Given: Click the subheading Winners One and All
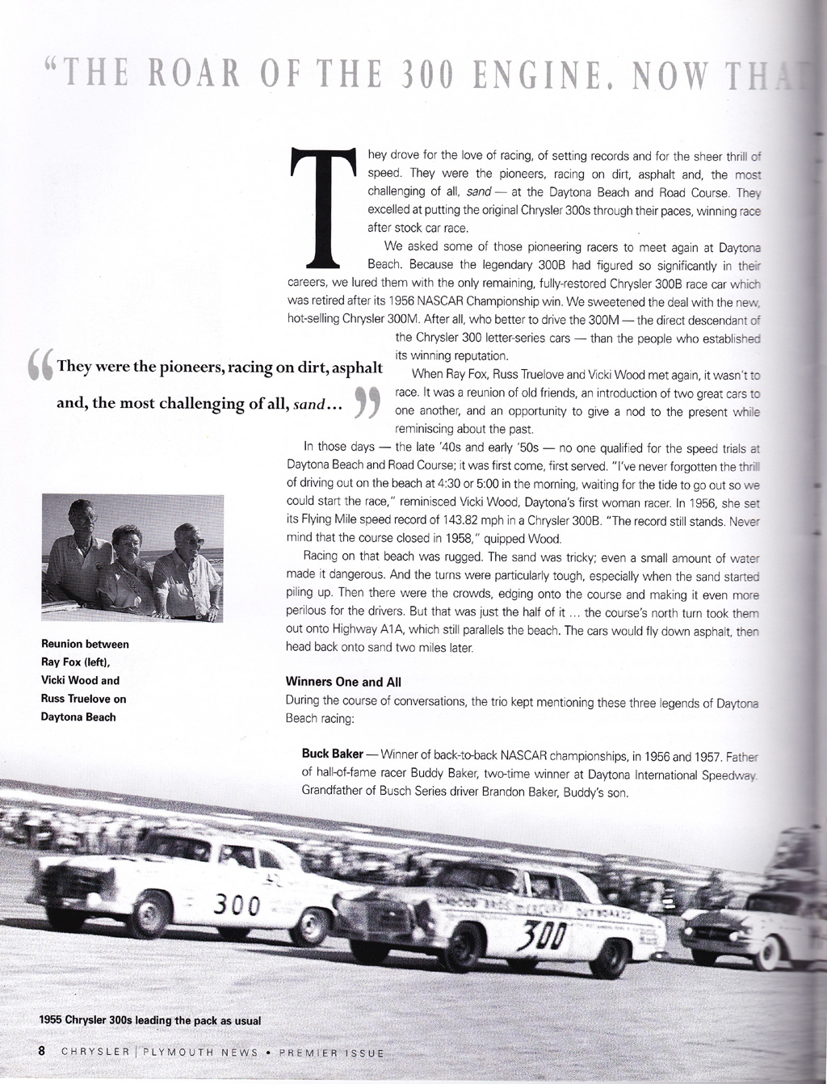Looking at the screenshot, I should coord(344,682).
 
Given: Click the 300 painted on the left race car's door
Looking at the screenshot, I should coord(235,903).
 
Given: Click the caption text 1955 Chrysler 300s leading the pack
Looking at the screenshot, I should coord(149,1020).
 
